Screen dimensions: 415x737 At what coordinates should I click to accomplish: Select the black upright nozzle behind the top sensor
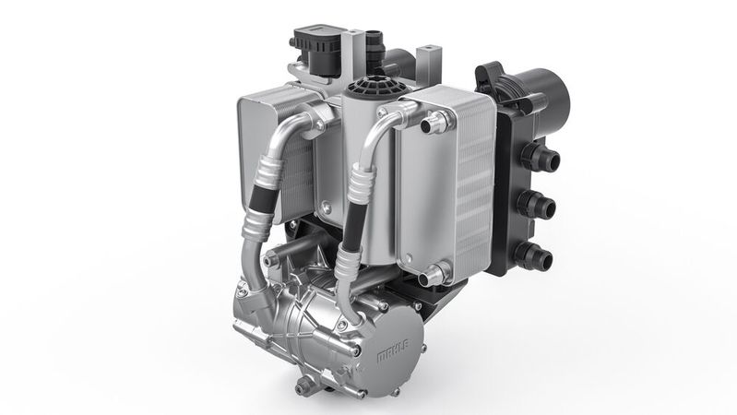pyautogui.click(x=373, y=41)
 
